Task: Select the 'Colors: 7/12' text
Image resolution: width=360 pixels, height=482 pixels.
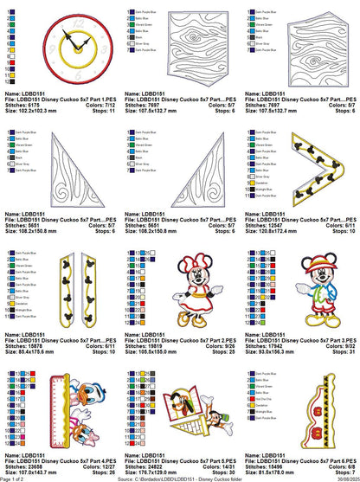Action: pyautogui.click(x=100, y=105)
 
